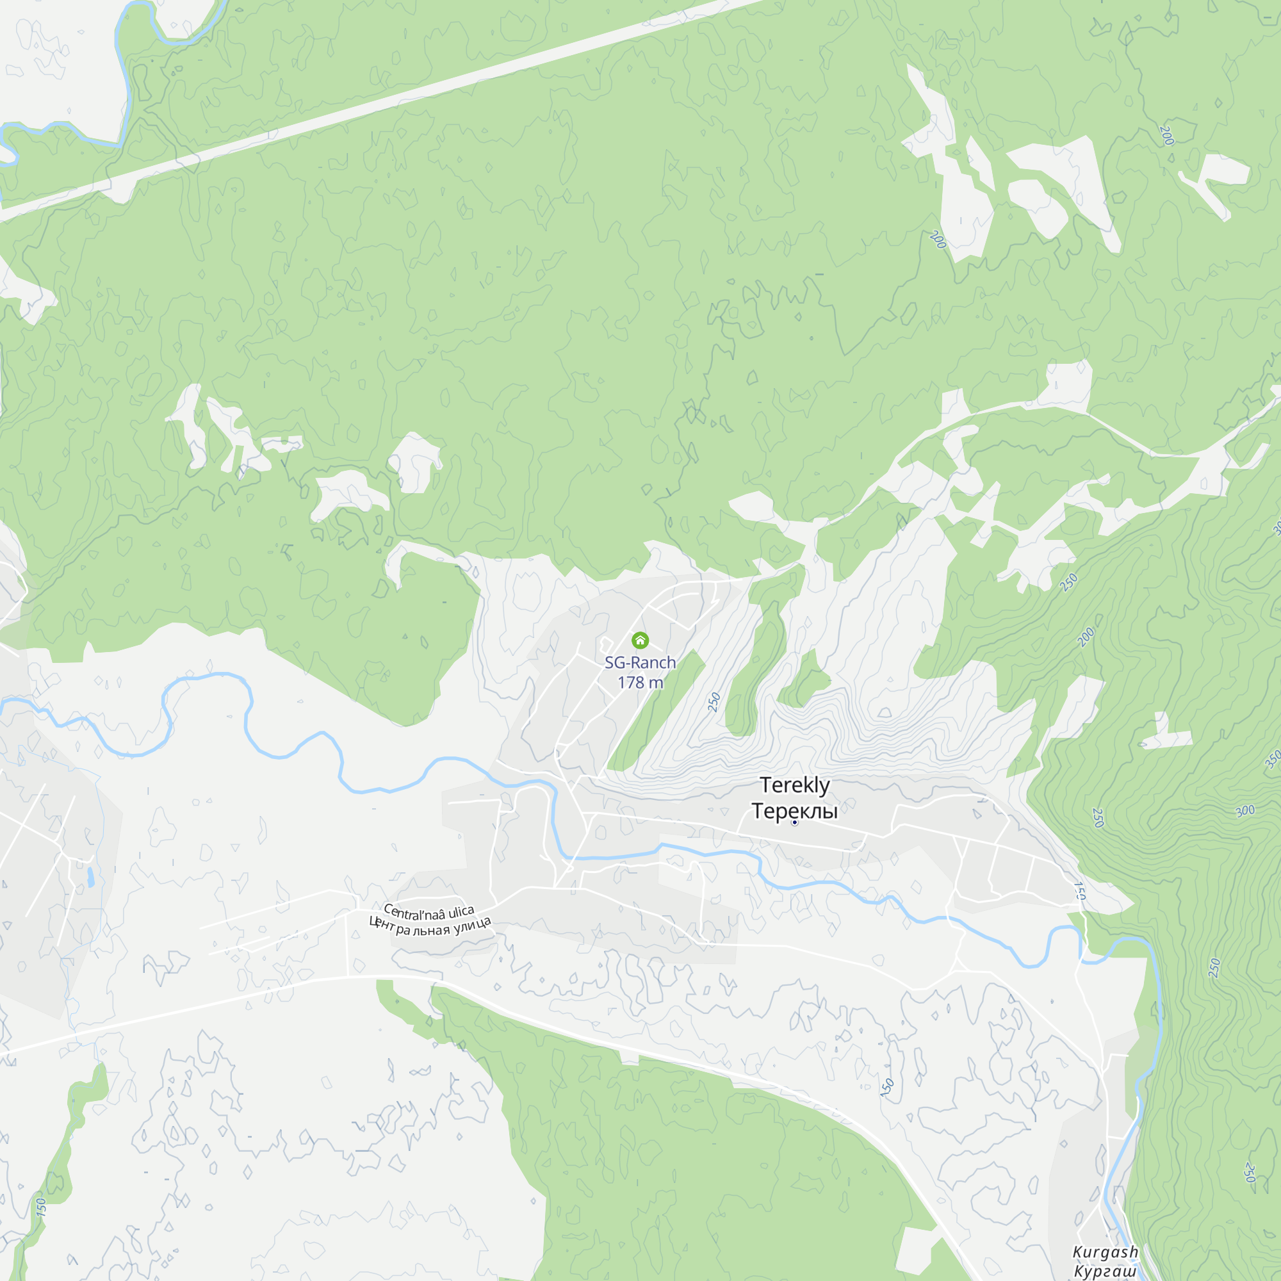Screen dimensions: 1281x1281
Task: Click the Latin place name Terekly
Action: pos(794,785)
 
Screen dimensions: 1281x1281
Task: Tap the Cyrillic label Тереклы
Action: pos(794,811)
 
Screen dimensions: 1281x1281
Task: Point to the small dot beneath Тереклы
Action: pos(794,823)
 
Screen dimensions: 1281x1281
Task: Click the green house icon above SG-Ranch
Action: pos(640,640)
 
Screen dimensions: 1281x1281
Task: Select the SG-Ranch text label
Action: pos(640,662)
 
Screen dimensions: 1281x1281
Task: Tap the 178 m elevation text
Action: pos(640,682)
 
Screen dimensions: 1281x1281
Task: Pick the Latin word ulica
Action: pos(461,912)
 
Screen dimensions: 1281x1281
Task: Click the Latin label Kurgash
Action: pos(1106,1252)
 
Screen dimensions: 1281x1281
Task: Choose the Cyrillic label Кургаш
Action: pos(1106,1271)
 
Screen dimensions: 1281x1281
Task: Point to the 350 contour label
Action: pos(1273,759)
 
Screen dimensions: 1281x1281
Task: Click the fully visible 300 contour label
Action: pos(1245,810)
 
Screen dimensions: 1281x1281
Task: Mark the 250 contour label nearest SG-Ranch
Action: pos(714,701)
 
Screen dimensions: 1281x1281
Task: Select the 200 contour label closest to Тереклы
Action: pos(1086,637)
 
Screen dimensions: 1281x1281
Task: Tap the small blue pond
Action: pos(90,877)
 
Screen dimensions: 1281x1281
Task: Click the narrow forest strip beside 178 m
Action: pos(657,710)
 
